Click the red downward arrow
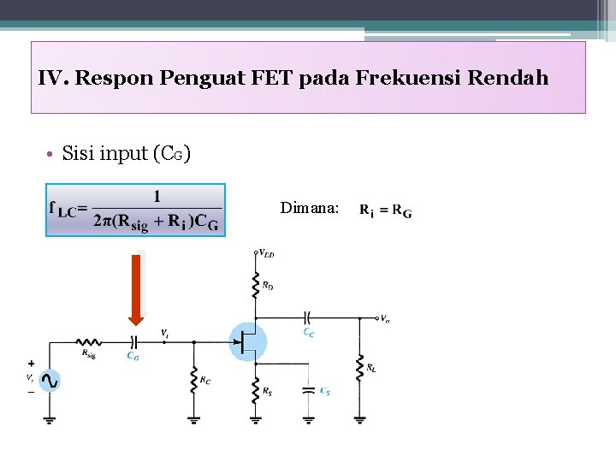point(136,287)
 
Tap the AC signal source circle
point(50,382)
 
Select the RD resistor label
point(269,285)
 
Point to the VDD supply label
point(267,254)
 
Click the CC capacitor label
point(309,333)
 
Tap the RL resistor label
point(371,369)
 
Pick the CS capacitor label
point(325,392)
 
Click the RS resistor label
point(268,392)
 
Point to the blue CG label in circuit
point(133,356)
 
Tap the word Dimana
point(309,208)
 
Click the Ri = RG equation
point(385,210)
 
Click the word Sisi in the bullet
point(79,154)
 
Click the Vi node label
point(164,333)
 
